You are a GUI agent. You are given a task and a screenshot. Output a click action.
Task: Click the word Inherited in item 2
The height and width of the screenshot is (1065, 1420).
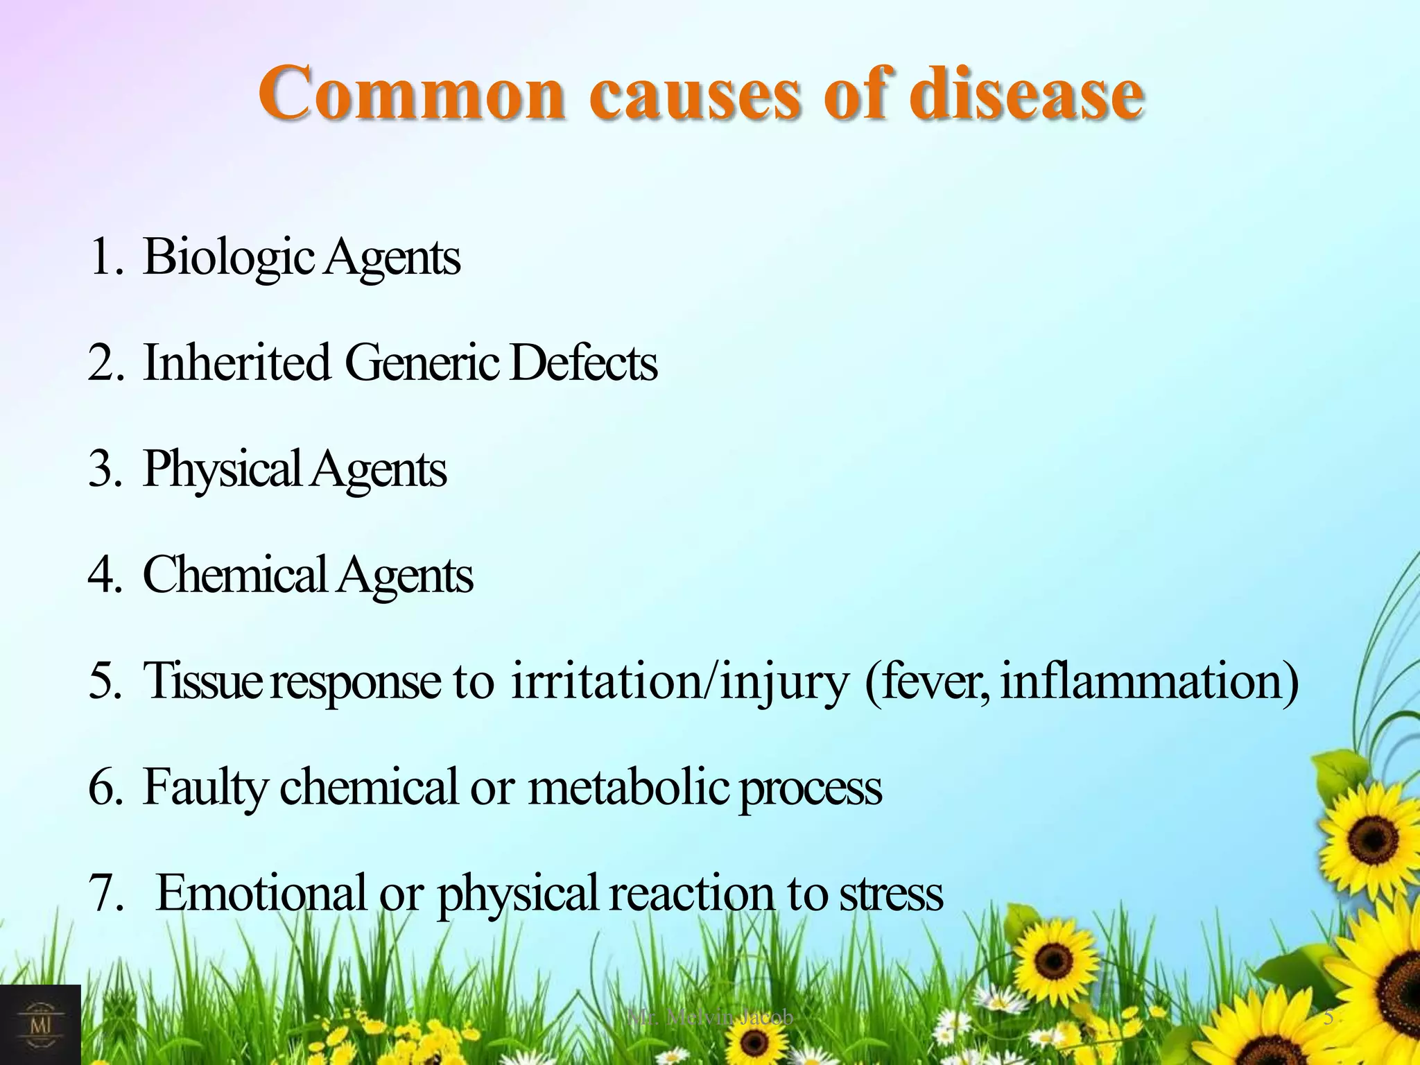click(236, 363)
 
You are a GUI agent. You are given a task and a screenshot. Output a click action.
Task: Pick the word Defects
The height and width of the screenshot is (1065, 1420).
click(583, 363)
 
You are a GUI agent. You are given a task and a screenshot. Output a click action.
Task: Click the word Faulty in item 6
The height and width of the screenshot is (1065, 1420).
click(205, 788)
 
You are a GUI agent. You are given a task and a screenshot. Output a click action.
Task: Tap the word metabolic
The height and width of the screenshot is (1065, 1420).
click(628, 787)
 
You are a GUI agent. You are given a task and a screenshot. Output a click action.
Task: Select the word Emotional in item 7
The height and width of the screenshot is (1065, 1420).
click(261, 893)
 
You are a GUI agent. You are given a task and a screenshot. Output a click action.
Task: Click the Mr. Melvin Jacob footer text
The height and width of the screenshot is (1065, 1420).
click(710, 1017)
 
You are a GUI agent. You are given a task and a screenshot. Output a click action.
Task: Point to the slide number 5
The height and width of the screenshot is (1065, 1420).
click(1328, 1017)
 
